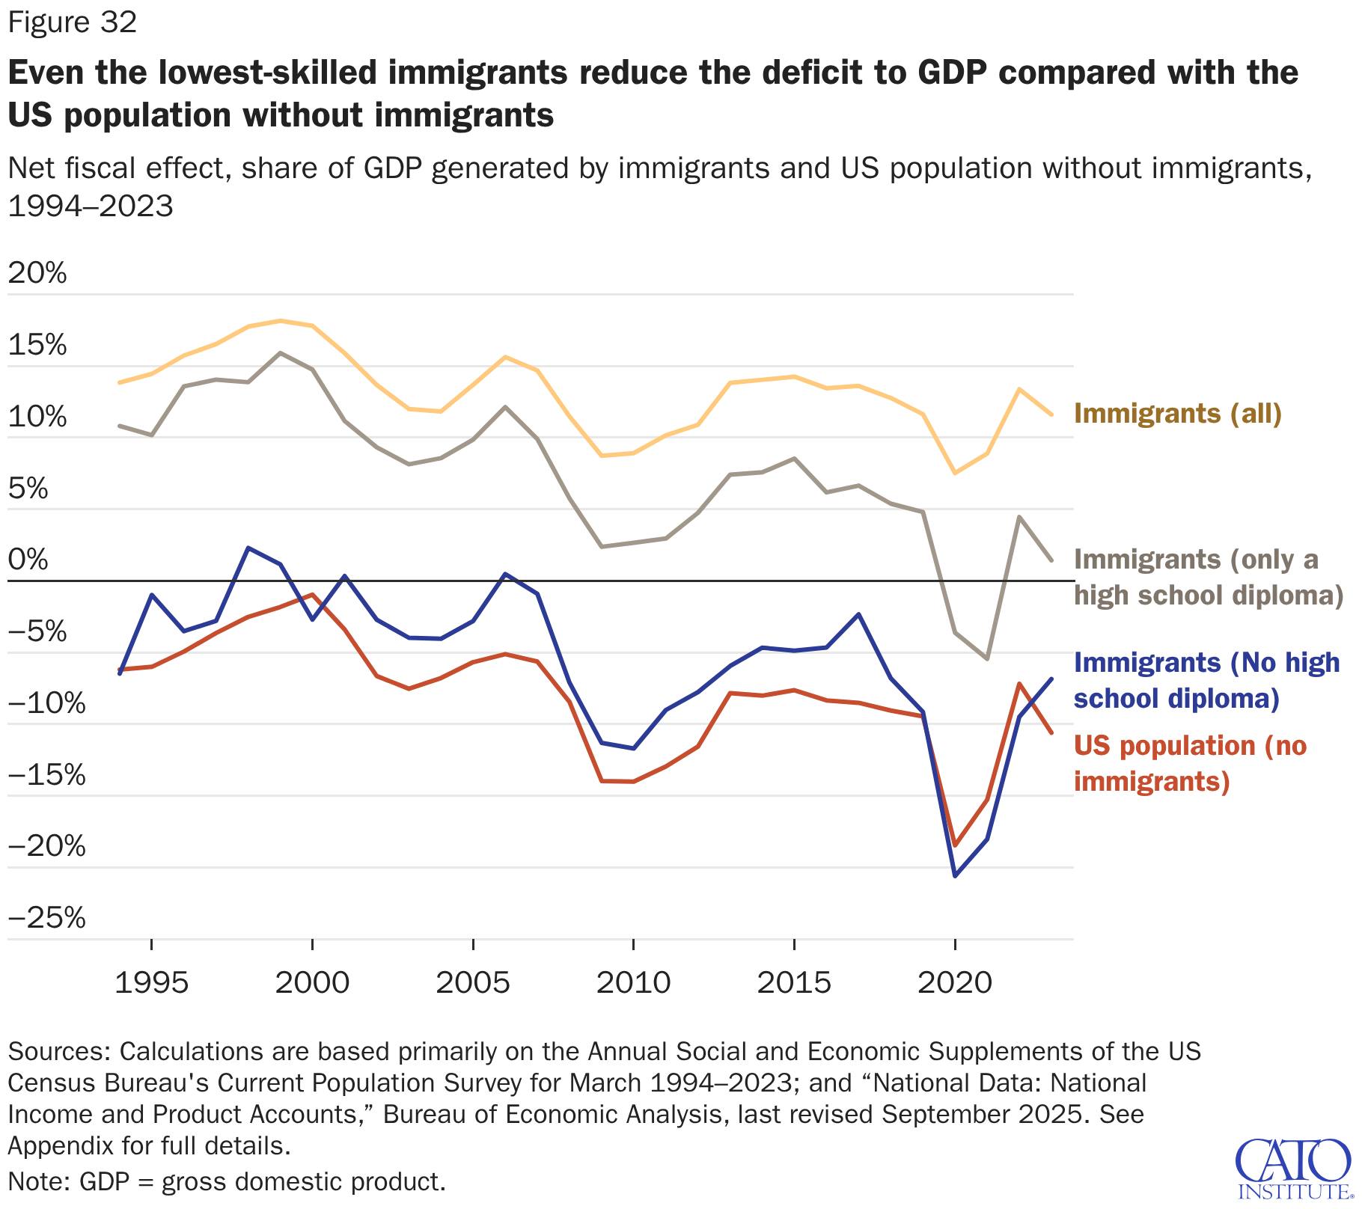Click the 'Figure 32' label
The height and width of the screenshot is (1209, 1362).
(x=73, y=23)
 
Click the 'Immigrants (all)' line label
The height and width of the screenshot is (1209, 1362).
(x=1177, y=414)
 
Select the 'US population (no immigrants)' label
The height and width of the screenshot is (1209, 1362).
(x=1189, y=764)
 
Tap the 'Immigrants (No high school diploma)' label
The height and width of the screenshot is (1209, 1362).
(x=1206, y=681)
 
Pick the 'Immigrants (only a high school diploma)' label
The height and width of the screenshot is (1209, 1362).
(x=1208, y=578)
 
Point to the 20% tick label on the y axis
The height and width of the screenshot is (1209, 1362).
(x=37, y=274)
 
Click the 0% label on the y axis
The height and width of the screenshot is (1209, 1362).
(x=28, y=560)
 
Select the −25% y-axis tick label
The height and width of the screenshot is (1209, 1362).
(x=46, y=918)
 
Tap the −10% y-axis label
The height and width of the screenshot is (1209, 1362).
(x=46, y=703)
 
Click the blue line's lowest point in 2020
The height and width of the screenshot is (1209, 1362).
(x=955, y=875)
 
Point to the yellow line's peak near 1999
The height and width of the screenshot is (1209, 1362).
(x=280, y=321)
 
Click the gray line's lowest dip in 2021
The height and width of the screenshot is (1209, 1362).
(x=987, y=659)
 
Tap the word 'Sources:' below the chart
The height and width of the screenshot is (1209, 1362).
(x=59, y=1051)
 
